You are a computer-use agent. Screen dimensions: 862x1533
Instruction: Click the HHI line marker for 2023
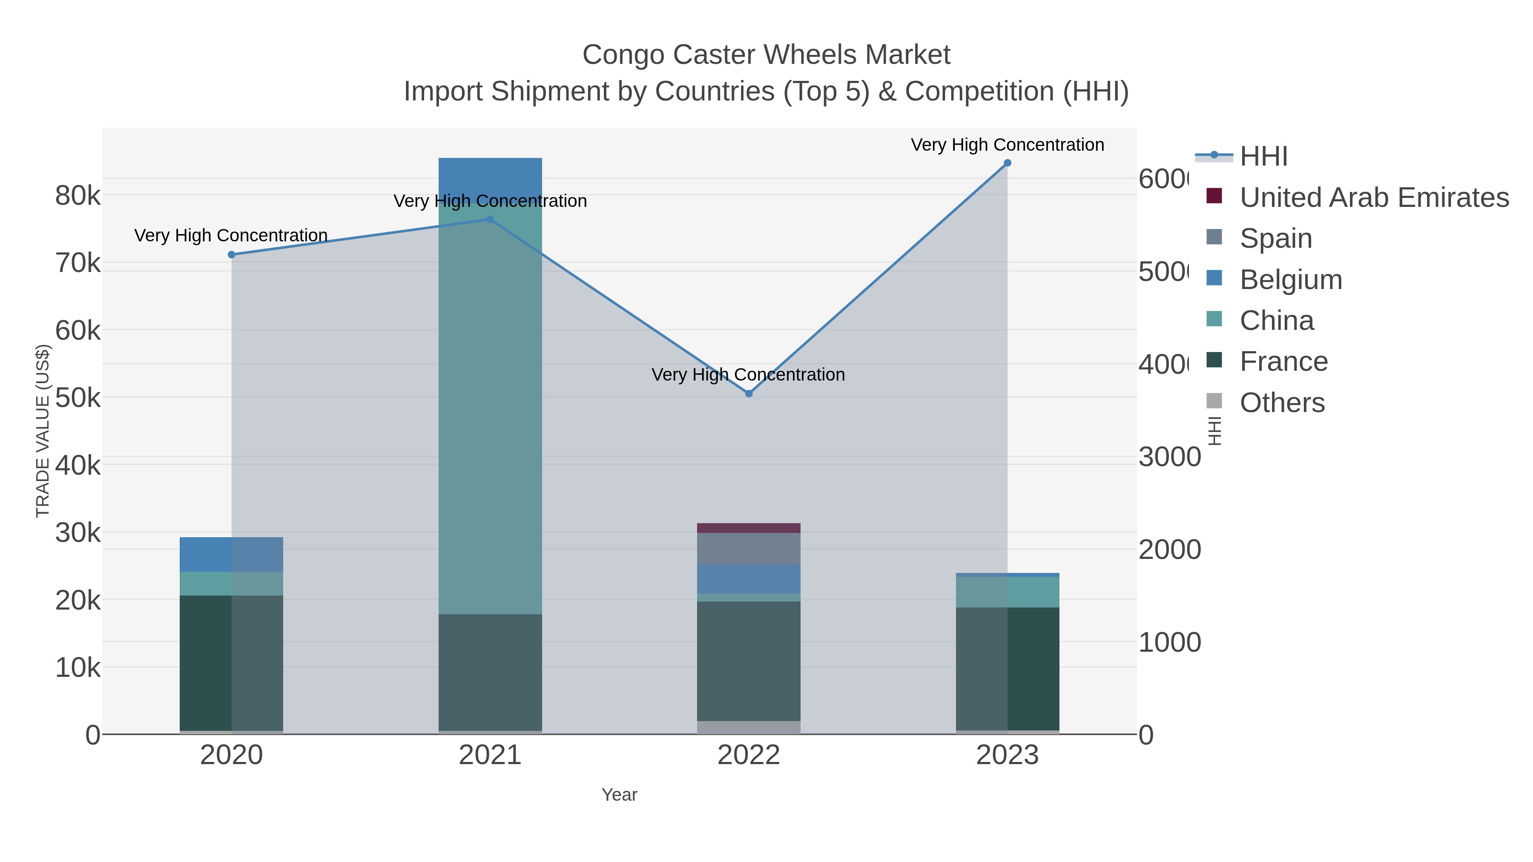[1007, 163]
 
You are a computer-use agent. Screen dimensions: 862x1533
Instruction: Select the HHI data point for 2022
[749, 394]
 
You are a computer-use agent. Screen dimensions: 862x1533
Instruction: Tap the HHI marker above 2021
[491, 220]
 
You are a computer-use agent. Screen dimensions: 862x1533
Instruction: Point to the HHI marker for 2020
[232, 255]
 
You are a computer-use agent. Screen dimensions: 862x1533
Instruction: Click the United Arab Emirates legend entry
[1373, 197]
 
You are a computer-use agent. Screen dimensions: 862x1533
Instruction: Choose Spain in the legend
[1275, 238]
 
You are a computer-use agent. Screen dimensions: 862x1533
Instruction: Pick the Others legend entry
[1282, 403]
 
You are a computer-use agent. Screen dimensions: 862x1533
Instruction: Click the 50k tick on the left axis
[78, 398]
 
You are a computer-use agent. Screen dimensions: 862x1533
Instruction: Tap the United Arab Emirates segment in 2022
[749, 528]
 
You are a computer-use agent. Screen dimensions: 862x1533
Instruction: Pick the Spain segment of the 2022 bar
[749, 549]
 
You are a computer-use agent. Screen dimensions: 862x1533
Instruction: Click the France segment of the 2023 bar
[1007, 669]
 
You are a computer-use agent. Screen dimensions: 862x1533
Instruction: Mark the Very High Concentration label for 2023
[1007, 145]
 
